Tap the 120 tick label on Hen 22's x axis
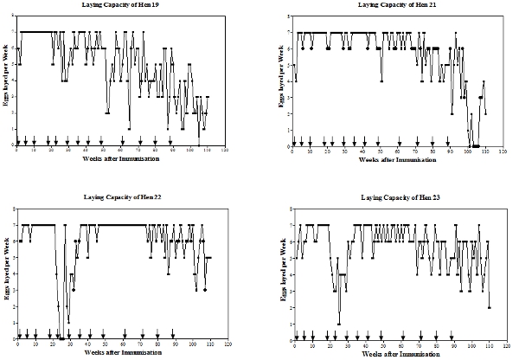point(228,345)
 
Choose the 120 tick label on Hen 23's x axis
point(505,345)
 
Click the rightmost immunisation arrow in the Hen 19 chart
point(171,140)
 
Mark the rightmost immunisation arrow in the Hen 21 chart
point(448,140)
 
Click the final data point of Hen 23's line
point(490,307)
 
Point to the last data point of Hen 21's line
point(486,112)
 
